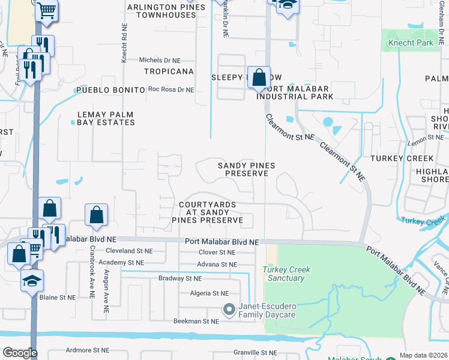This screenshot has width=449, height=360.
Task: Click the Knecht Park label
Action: pyautogui.click(x=411, y=43)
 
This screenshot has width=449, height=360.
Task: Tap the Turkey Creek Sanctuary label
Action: pyautogui.click(x=286, y=274)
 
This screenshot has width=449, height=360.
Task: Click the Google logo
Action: pyautogui.click(x=20, y=353)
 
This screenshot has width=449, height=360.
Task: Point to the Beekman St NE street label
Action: pyautogui.click(x=194, y=322)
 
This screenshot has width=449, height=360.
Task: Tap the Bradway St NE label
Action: pyautogui.click(x=181, y=278)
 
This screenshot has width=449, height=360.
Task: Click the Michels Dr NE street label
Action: pyautogui.click(x=159, y=61)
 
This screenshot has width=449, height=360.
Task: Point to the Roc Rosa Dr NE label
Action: pyautogui.click(x=171, y=90)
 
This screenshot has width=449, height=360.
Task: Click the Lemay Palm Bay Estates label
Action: pyautogui.click(x=106, y=118)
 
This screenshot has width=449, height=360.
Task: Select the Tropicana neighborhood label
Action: pyautogui.click(x=169, y=71)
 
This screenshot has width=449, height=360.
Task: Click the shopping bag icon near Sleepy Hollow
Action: pyautogui.click(x=259, y=78)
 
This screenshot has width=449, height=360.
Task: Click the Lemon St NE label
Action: pyautogui.click(x=426, y=138)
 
